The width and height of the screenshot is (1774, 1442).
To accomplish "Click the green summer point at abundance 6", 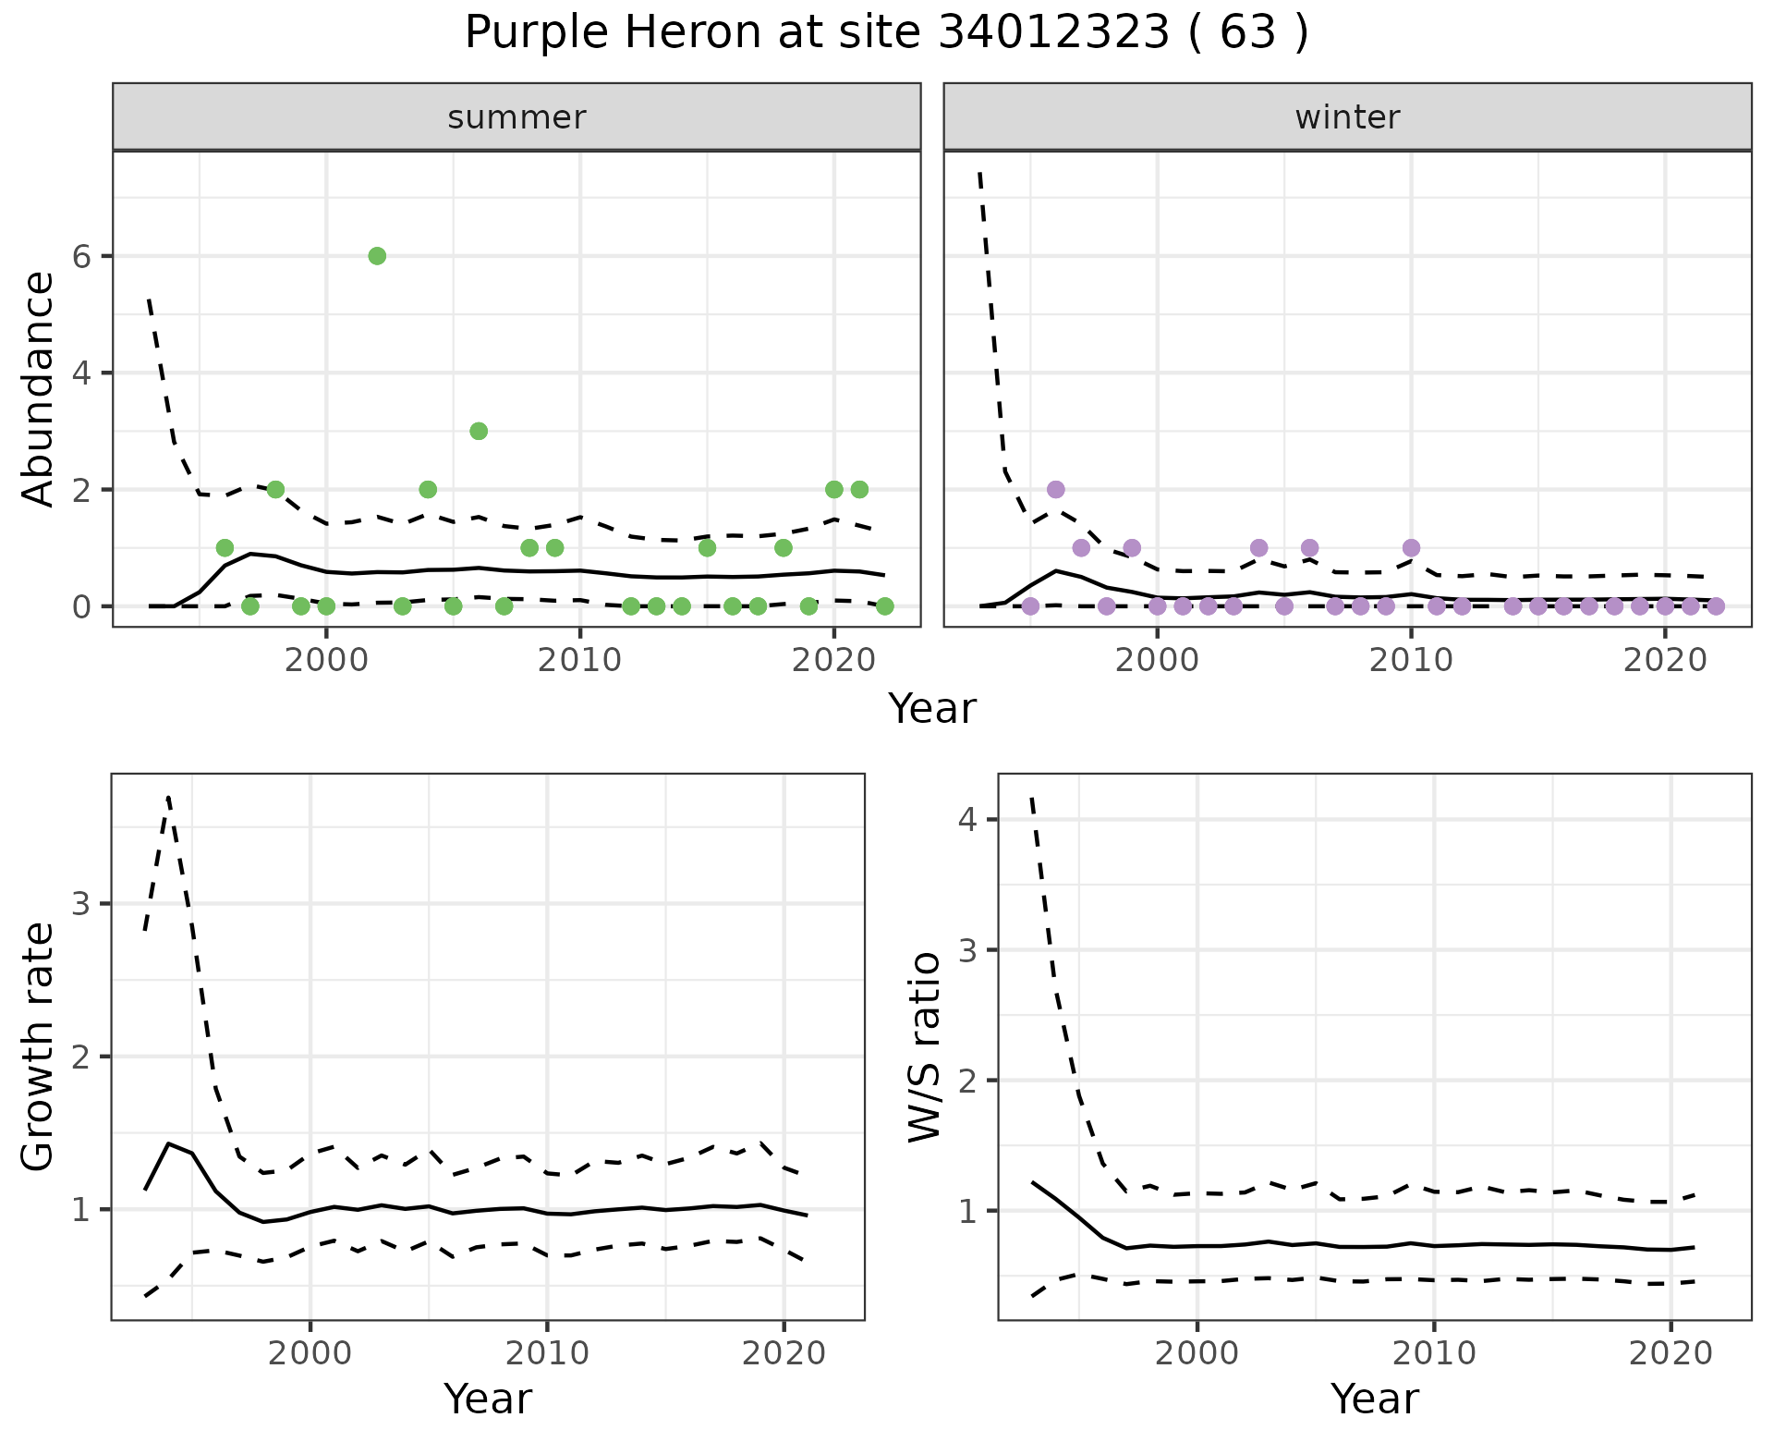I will (377, 256).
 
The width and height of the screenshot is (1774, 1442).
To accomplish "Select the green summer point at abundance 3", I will (479, 431).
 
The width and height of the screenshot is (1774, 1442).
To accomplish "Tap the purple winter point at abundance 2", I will (1056, 489).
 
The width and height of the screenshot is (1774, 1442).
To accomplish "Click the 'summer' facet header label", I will (516, 117).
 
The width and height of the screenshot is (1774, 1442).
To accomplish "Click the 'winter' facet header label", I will (1347, 117).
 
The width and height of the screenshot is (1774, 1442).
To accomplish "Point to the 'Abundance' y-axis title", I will (39, 388).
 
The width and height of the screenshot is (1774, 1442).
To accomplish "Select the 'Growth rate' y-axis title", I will (39, 1046).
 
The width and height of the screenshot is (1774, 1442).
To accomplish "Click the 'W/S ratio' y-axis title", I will (925, 1046).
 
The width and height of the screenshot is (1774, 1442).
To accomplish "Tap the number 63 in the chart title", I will (1249, 33).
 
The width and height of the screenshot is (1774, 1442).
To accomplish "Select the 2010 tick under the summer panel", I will (580, 661).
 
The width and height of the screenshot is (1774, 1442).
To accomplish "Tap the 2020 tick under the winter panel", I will (1665, 661).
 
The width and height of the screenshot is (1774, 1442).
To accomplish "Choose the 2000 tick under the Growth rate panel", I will (310, 1353).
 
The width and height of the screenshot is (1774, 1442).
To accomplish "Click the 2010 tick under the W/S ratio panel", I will (1434, 1353).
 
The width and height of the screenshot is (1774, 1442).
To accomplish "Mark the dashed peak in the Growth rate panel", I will (168, 796).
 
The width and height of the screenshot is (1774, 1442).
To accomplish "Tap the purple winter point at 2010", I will (1411, 547).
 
